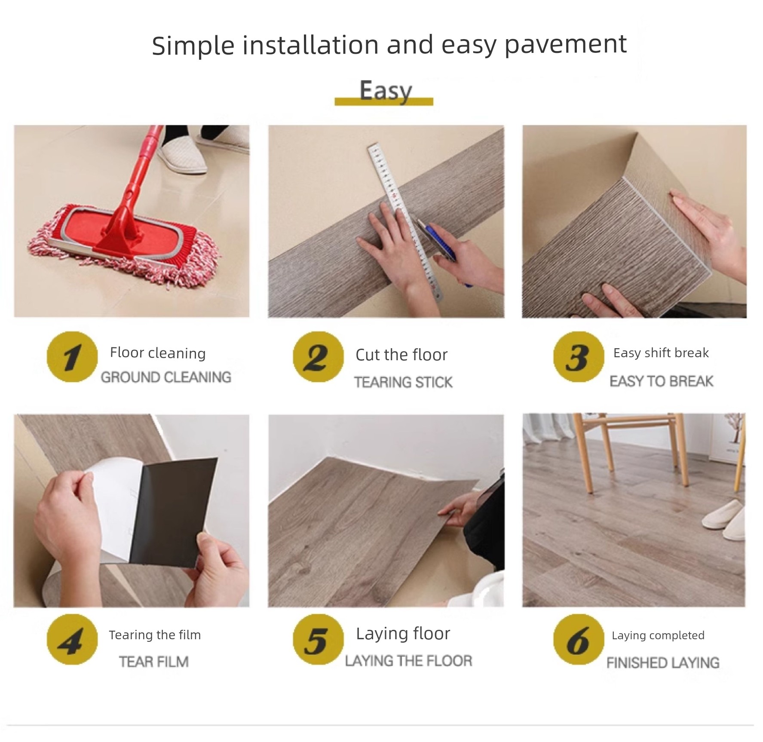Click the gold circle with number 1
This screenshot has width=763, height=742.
(x=72, y=357)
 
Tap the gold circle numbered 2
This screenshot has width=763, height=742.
(x=318, y=357)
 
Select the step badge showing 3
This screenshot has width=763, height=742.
(x=579, y=357)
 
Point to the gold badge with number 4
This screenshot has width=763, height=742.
(x=72, y=639)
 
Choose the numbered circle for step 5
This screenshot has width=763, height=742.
(x=318, y=639)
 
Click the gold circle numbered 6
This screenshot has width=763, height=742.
(x=579, y=639)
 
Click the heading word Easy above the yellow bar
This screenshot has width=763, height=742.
(x=386, y=91)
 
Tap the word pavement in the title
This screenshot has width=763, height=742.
(x=566, y=45)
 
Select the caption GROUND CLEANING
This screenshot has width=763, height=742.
(x=166, y=377)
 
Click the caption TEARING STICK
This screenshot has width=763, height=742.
(x=403, y=382)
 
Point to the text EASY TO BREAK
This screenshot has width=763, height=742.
(x=662, y=381)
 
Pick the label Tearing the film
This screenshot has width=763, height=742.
(x=155, y=635)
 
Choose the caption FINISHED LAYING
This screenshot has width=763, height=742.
(x=663, y=663)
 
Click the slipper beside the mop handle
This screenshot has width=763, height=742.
(x=183, y=153)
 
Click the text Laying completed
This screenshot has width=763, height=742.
(x=658, y=635)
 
